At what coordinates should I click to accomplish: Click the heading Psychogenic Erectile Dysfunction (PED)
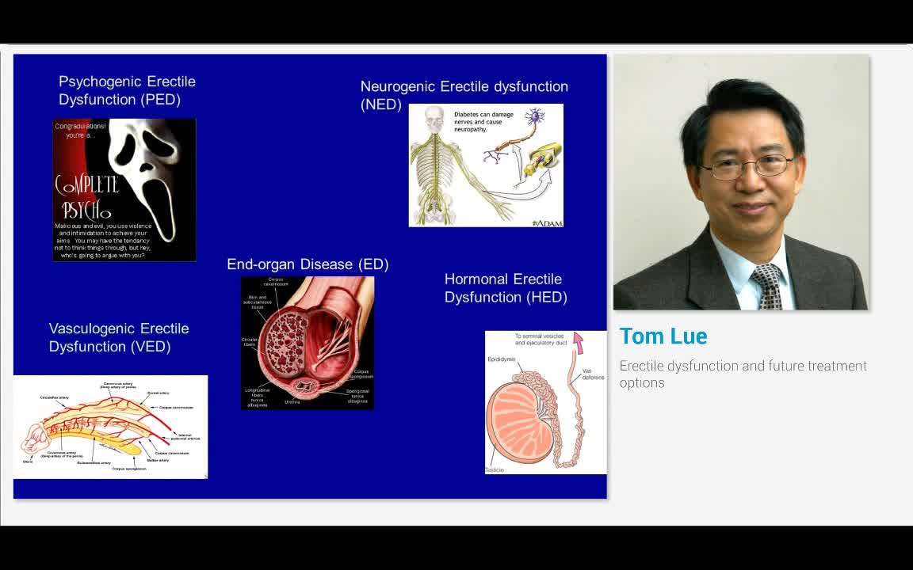click(127, 90)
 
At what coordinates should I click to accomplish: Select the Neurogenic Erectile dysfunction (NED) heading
click(464, 94)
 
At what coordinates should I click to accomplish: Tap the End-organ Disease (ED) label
click(308, 264)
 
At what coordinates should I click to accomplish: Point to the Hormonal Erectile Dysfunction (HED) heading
click(505, 288)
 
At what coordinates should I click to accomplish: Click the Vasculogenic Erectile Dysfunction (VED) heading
click(119, 337)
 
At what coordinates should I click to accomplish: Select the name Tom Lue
click(663, 336)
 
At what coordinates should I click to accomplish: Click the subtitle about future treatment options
click(743, 374)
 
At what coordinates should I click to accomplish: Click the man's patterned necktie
click(767, 286)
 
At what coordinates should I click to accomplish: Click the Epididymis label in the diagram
click(501, 359)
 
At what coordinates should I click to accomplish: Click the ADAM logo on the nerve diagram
click(547, 223)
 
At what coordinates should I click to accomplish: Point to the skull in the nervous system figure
click(433, 116)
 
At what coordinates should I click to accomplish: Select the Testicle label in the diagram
click(495, 470)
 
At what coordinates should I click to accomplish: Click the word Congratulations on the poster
click(80, 126)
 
